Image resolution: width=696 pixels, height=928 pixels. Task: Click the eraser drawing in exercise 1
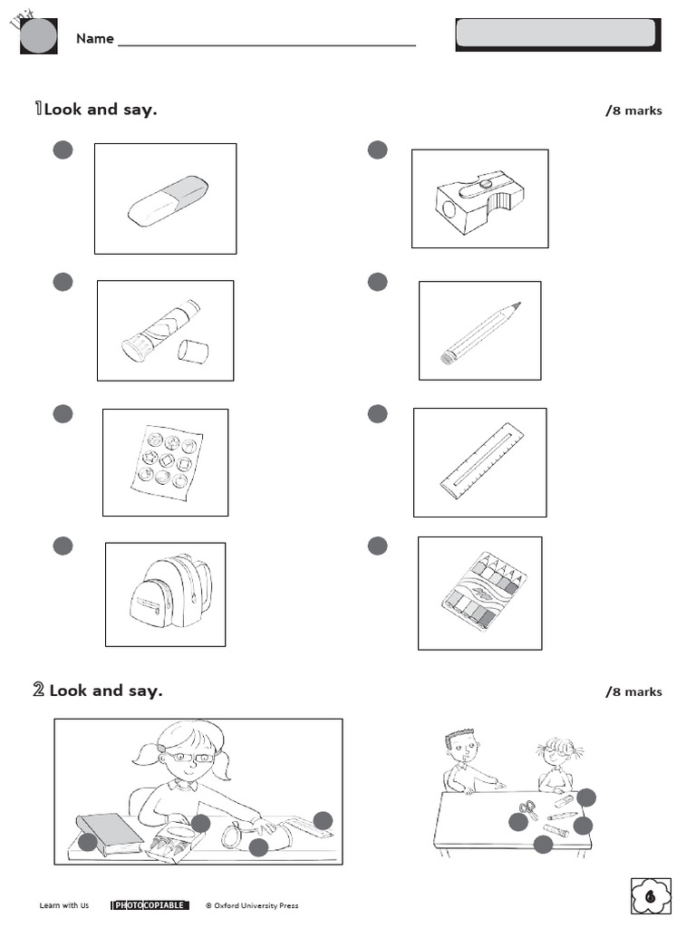(168, 200)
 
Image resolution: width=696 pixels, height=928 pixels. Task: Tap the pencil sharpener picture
(479, 200)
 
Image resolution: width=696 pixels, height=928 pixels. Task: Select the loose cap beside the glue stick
(193, 351)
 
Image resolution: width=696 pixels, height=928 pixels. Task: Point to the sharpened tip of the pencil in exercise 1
(517, 306)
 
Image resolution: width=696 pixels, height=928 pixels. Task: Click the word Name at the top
(94, 38)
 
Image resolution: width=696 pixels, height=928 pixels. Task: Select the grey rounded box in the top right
(555, 34)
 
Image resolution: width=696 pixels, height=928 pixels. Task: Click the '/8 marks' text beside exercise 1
(633, 111)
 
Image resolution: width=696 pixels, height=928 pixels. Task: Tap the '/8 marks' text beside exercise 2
(633, 691)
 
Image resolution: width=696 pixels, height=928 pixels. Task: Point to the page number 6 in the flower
(651, 897)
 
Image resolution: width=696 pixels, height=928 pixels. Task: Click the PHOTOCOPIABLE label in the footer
(150, 904)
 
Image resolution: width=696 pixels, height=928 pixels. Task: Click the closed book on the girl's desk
(109, 833)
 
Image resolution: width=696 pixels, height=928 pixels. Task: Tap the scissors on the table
(528, 809)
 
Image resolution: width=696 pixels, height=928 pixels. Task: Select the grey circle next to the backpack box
(63, 546)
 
